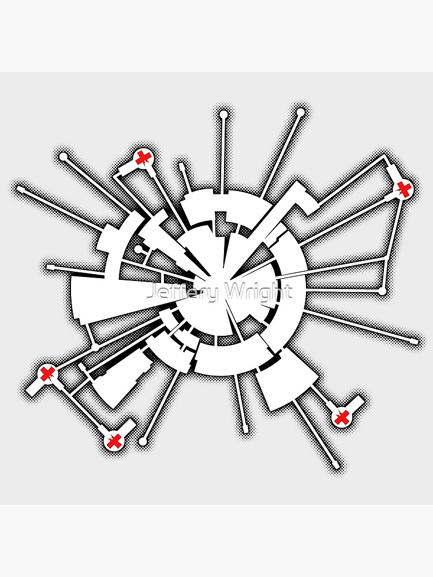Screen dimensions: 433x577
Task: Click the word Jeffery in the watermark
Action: tap(182, 293)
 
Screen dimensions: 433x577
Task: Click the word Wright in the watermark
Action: tap(259, 293)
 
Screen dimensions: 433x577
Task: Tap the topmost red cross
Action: tap(142, 158)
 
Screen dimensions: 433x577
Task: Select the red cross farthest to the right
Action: tap(404, 189)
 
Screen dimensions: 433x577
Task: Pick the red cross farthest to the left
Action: tap(47, 374)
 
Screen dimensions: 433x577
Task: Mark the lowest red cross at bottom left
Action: tap(114, 440)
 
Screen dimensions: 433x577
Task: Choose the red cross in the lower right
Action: tap(341, 417)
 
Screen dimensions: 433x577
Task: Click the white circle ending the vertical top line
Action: tap(223, 114)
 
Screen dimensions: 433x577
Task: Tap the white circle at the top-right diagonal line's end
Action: tap(300, 112)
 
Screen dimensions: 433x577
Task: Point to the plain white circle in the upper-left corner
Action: tap(64, 157)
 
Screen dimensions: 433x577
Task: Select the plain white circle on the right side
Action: tap(382, 291)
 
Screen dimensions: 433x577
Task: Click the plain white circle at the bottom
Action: tap(143, 440)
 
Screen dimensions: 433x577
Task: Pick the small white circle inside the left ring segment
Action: tap(138, 249)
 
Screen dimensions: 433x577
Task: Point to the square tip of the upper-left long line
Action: tap(21, 189)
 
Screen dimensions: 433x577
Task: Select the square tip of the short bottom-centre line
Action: tap(245, 429)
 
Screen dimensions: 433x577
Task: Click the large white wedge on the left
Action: tap(121, 298)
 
